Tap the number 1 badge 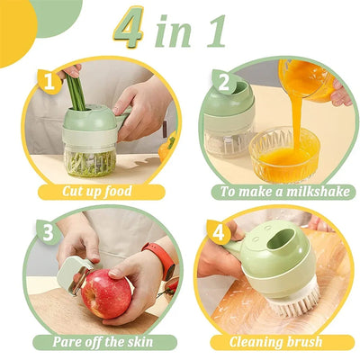click(50, 84)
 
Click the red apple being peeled click(107, 294)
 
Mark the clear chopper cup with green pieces click(91, 157)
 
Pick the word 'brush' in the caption click(308, 341)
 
